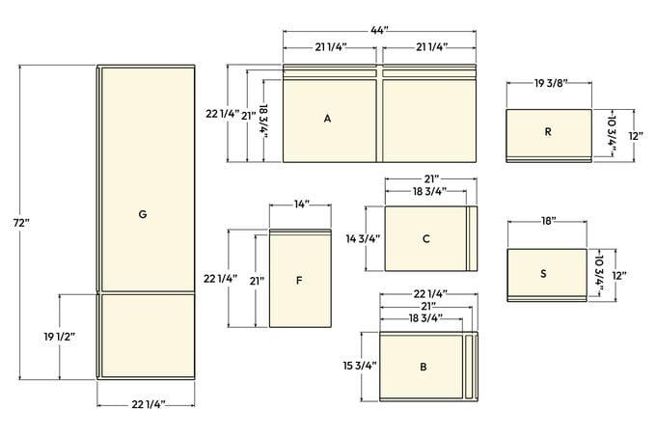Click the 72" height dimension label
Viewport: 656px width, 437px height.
[21, 223]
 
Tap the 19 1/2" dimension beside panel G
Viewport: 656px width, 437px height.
[60, 337]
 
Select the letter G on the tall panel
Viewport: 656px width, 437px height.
[143, 214]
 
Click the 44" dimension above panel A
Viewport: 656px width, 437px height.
[379, 30]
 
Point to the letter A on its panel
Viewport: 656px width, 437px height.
[327, 119]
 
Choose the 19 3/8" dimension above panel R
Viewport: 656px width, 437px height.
[551, 83]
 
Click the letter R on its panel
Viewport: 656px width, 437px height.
[548, 132]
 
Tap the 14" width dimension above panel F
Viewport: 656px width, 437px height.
[301, 205]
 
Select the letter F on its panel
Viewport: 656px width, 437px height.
[299, 280]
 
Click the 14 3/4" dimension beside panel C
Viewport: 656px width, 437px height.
[363, 239]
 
